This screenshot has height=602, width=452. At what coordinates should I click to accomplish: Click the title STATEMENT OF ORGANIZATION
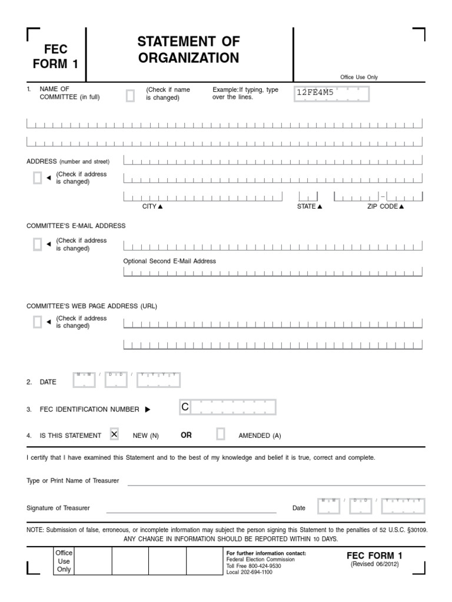pos(188,50)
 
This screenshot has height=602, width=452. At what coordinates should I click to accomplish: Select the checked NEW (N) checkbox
pos(114,434)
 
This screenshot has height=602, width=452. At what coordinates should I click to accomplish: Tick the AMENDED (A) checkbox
pos(221,434)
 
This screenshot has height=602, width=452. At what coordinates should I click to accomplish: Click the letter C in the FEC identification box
pos(185,407)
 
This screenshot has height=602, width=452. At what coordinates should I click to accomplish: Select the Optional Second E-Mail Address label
pos(169,261)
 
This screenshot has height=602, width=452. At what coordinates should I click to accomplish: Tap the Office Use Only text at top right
pos(359,77)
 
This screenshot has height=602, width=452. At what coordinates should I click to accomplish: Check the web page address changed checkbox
pos(38,322)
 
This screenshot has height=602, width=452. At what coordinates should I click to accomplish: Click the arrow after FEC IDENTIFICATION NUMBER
pos(148,409)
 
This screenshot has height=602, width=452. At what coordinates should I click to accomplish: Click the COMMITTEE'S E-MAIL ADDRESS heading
pos(76,226)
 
